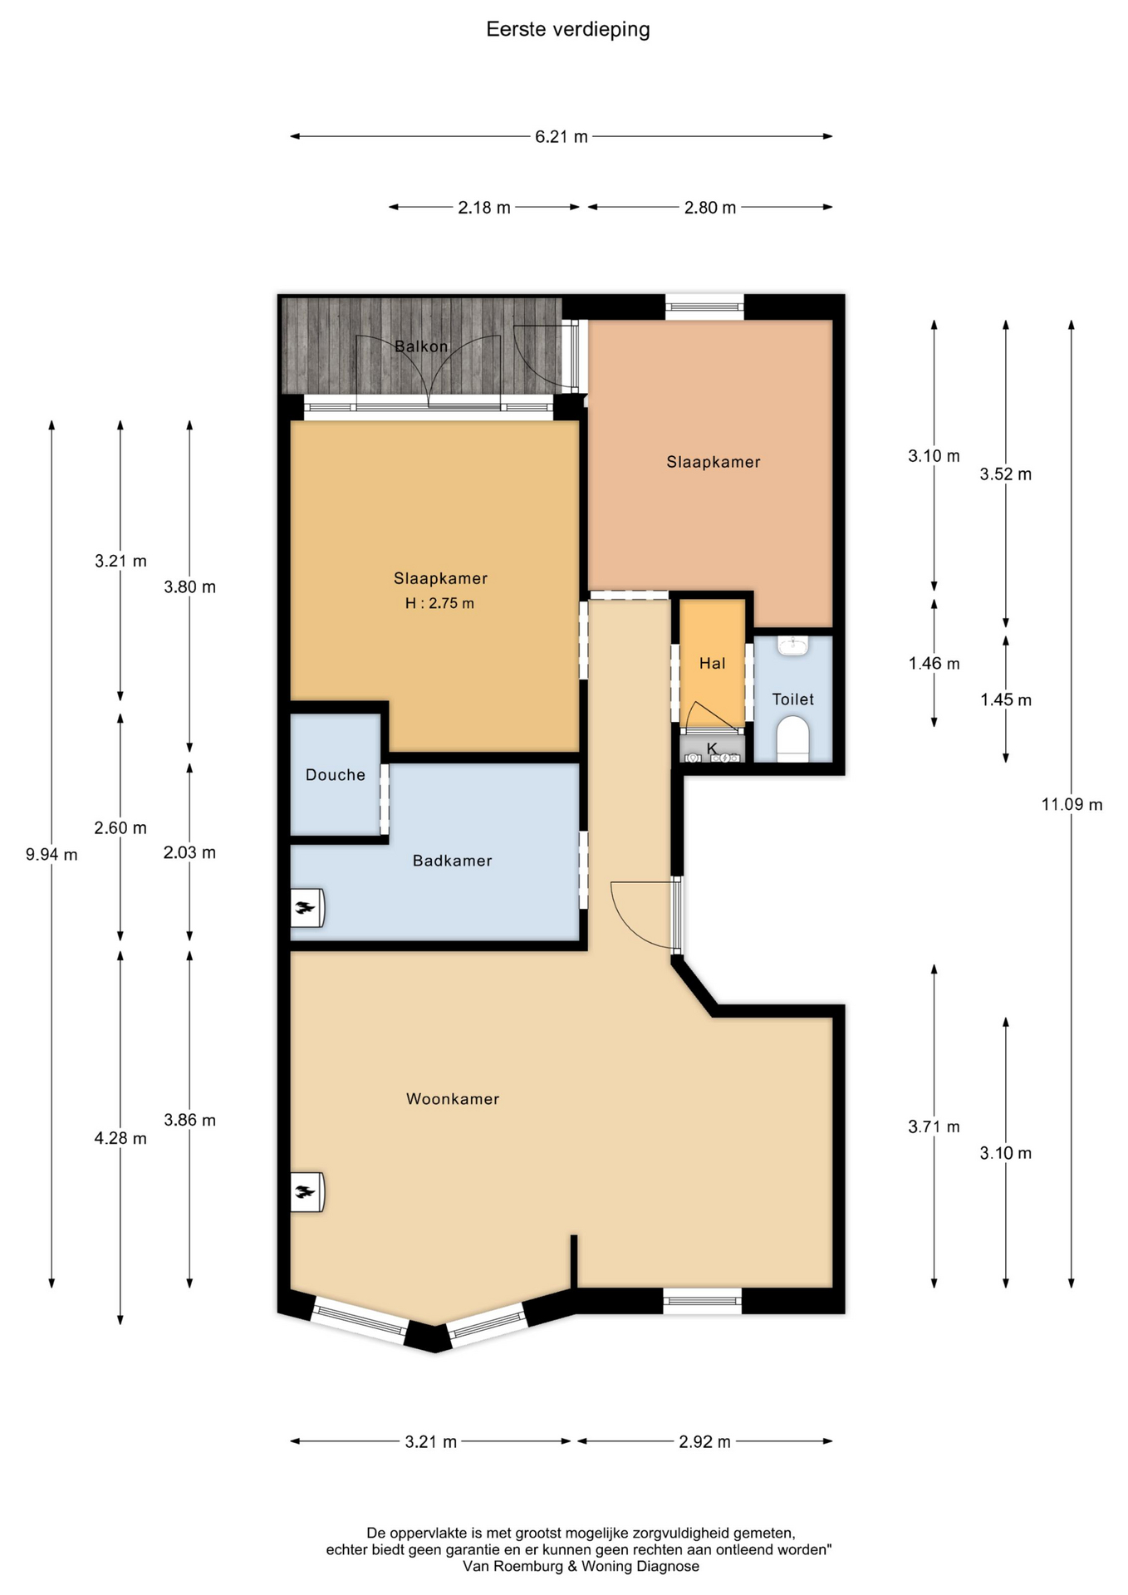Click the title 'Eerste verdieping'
[x=568, y=31]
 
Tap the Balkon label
[x=421, y=346]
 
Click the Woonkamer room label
[x=453, y=1099]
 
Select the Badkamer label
[x=453, y=861]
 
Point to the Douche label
[x=336, y=775]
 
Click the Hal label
[x=713, y=663]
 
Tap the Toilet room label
[x=793, y=699]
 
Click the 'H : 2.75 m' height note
[x=439, y=604]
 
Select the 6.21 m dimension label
[x=562, y=137]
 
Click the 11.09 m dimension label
[x=1072, y=804]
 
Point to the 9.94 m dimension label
[x=51, y=855]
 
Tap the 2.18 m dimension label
[x=484, y=208]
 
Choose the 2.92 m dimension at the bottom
[x=705, y=1442]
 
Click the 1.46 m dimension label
[x=934, y=664]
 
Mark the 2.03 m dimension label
[x=189, y=853]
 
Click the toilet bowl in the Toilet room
[x=792, y=739]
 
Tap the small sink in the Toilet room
[x=793, y=645]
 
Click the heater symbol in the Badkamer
[x=306, y=908]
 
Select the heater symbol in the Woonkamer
[x=306, y=1192]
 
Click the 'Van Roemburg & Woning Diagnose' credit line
[x=581, y=1567]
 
